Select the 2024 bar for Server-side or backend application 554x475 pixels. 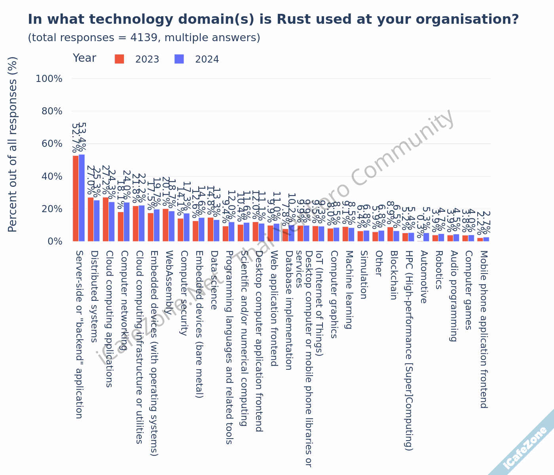click(x=82, y=198)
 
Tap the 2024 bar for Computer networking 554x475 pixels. click(x=127, y=222)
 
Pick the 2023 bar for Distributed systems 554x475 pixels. click(x=91, y=219)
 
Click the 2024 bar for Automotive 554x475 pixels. click(x=426, y=237)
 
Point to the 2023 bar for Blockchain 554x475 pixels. click(x=390, y=234)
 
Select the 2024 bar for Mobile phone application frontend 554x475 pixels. click(x=486, y=239)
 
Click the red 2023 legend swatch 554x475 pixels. click(x=120, y=59)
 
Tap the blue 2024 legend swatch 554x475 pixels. click(x=179, y=59)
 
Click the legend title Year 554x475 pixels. click(x=84, y=58)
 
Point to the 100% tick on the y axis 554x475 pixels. click(x=49, y=79)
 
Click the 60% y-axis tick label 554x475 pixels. click(x=52, y=144)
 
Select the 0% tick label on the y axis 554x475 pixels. click(x=55, y=241)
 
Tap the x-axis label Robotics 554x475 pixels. click(x=438, y=270)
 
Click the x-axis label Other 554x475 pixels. click(x=378, y=263)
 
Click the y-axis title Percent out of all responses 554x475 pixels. click(x=13, y=144)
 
